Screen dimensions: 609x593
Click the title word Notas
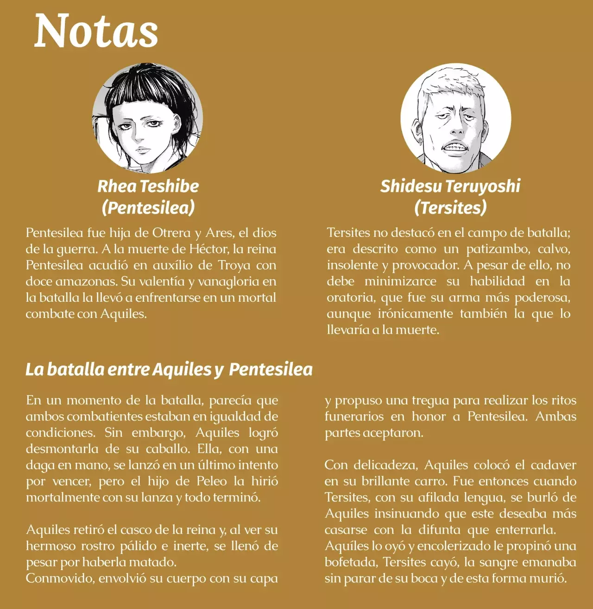pyautogui.click(x=96, y=31)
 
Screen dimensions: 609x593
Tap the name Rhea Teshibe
pyautogui.click(x=148, y=186)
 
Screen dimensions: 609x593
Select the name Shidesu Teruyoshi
pyautogui.click(x=450, y=186)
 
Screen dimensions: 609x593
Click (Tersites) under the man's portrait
pyautogui.click(x=450, y=207)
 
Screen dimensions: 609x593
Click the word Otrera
pyautogui.click(x=171, y=233)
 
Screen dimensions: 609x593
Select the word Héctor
pyautogui.click(x=208, y=249)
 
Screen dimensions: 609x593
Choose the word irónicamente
pyautogui.click(x=415, y=314)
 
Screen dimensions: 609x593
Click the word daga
pyautogui.click(x=40, y=465)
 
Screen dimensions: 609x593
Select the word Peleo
pyautogui.click(x=212, y=481)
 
